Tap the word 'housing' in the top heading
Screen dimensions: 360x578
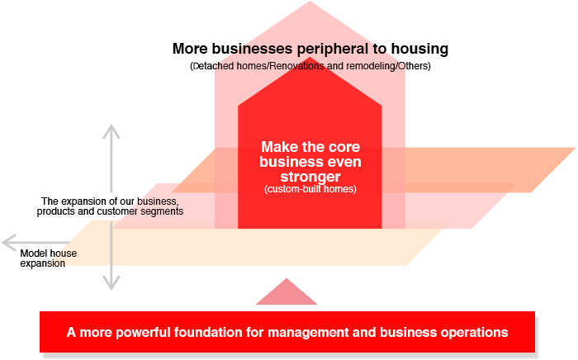point(419,50)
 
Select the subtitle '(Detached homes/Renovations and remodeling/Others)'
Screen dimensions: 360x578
point(310,66)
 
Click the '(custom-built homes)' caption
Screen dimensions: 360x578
point(310,189)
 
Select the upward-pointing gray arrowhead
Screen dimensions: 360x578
point(111,129)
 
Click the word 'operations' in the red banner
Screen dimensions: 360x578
point(475,333)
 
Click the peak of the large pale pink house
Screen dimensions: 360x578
point(310,5)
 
